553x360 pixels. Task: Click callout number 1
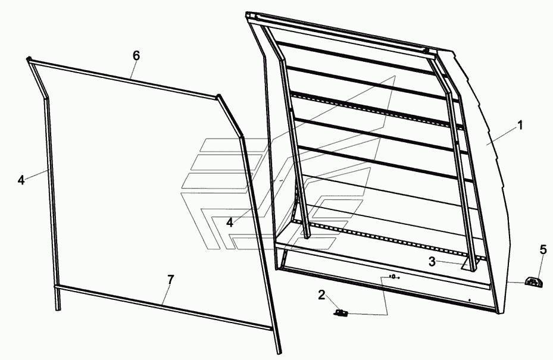pyautogui.click(x=520, y=125)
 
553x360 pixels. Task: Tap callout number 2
pyautogui.click(x=321, y=295)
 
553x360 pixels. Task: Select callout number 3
pyautogui.click(x=432, y=262)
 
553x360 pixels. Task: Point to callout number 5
pyautogui.click(x=543, y=250)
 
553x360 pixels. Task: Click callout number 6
pyautogui.click(x=136, y=55)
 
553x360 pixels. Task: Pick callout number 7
pyautogui.click(x=171, y=280)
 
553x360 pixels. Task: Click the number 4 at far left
pyautogui.click(x=21, y=180)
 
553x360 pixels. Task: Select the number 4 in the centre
pyautogui.click(x=230, y=223)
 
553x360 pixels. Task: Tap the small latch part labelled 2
pyautogui.click(x=340, y=312)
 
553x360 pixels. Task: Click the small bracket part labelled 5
pyautogui.click(x=533, y=282)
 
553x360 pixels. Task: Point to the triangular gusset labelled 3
pyautogui.click(x=468, y=264)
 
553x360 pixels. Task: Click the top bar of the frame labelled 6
pyautogui.click(x=123, y=79)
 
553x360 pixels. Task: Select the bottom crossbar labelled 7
pyautogui.click(x=164, y=308)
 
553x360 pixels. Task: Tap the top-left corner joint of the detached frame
pyautogui.click(x=29, y=60)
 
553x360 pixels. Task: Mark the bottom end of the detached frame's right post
pyautogui.click(x=279, y=352)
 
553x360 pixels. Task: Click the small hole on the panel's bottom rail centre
pyautogui.click(x=393, y=277)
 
